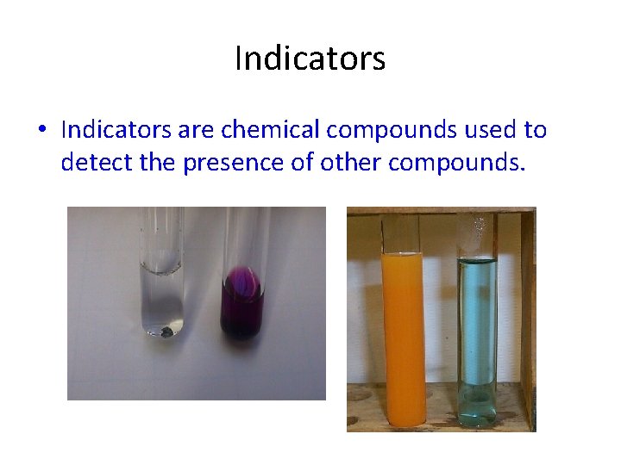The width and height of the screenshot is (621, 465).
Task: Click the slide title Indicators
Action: coord(310,59)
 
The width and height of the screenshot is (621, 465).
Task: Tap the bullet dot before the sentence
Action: coord(41,131)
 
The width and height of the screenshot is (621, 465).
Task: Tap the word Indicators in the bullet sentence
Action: coord(116,130)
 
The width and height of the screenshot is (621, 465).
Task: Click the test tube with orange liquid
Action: coord(402,336)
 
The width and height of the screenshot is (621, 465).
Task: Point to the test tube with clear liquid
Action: coord(163,293)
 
